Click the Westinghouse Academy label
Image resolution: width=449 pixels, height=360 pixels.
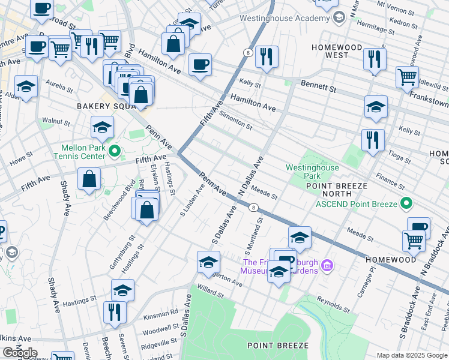[x=285, y=18]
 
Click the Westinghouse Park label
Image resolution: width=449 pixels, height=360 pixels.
[x=312, y=172]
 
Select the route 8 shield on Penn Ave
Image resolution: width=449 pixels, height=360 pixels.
[x=255, y=208]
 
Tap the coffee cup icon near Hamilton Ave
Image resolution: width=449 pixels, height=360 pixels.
[x=200, y=64]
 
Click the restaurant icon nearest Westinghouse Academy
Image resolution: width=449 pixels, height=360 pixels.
[x=265, y=56]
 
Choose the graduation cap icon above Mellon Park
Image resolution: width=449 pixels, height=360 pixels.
[x=103, y=127]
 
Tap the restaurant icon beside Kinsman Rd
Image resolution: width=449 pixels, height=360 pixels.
[x=113, y=311]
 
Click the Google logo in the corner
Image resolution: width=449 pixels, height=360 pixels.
[x=19, y=353]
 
